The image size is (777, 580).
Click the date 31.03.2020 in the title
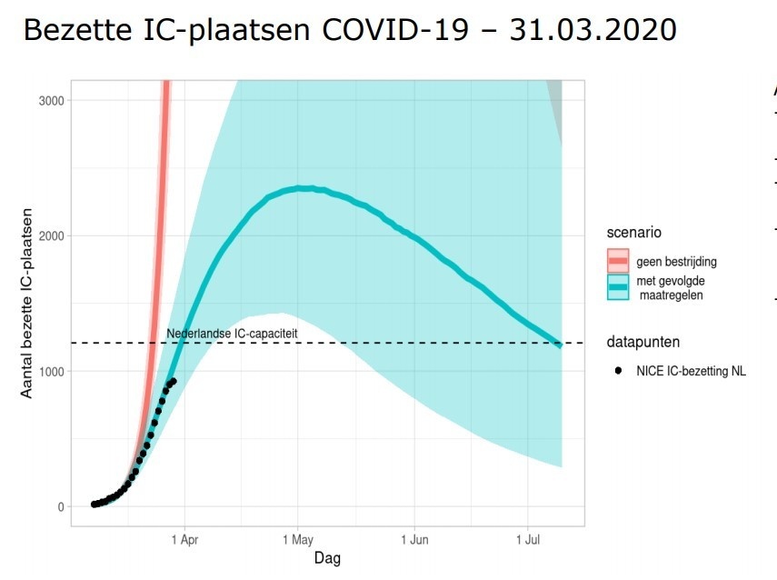pyautogui.click(x=593, y=29)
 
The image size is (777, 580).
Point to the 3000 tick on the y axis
pyautogui.click(x=52, y=100)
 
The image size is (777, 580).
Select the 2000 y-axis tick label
pyautogui.click(x=52, y=236)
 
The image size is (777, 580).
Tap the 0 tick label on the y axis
pyautogui.click(x=61, y=507)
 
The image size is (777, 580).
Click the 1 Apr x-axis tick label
pyautogui.click(x=184, y=539)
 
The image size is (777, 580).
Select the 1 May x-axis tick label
pyautogui.click(x=298, y=539)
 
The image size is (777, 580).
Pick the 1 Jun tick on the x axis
pyautogui.click(x=414, y=539)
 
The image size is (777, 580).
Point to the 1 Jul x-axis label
pyautogui.click(x=528, y=539)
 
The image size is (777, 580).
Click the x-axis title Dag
pyautogui.click(x=327, y=557)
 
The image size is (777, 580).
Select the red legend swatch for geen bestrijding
pyautogui.click(x=618, y=261)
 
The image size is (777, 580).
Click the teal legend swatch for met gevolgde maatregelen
pyautogui.click(x=618, y=287)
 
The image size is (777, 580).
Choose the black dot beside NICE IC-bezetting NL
pyautogui.click(x=618, y=370)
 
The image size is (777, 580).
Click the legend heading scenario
pyautogui.click(x=634, y=233)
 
